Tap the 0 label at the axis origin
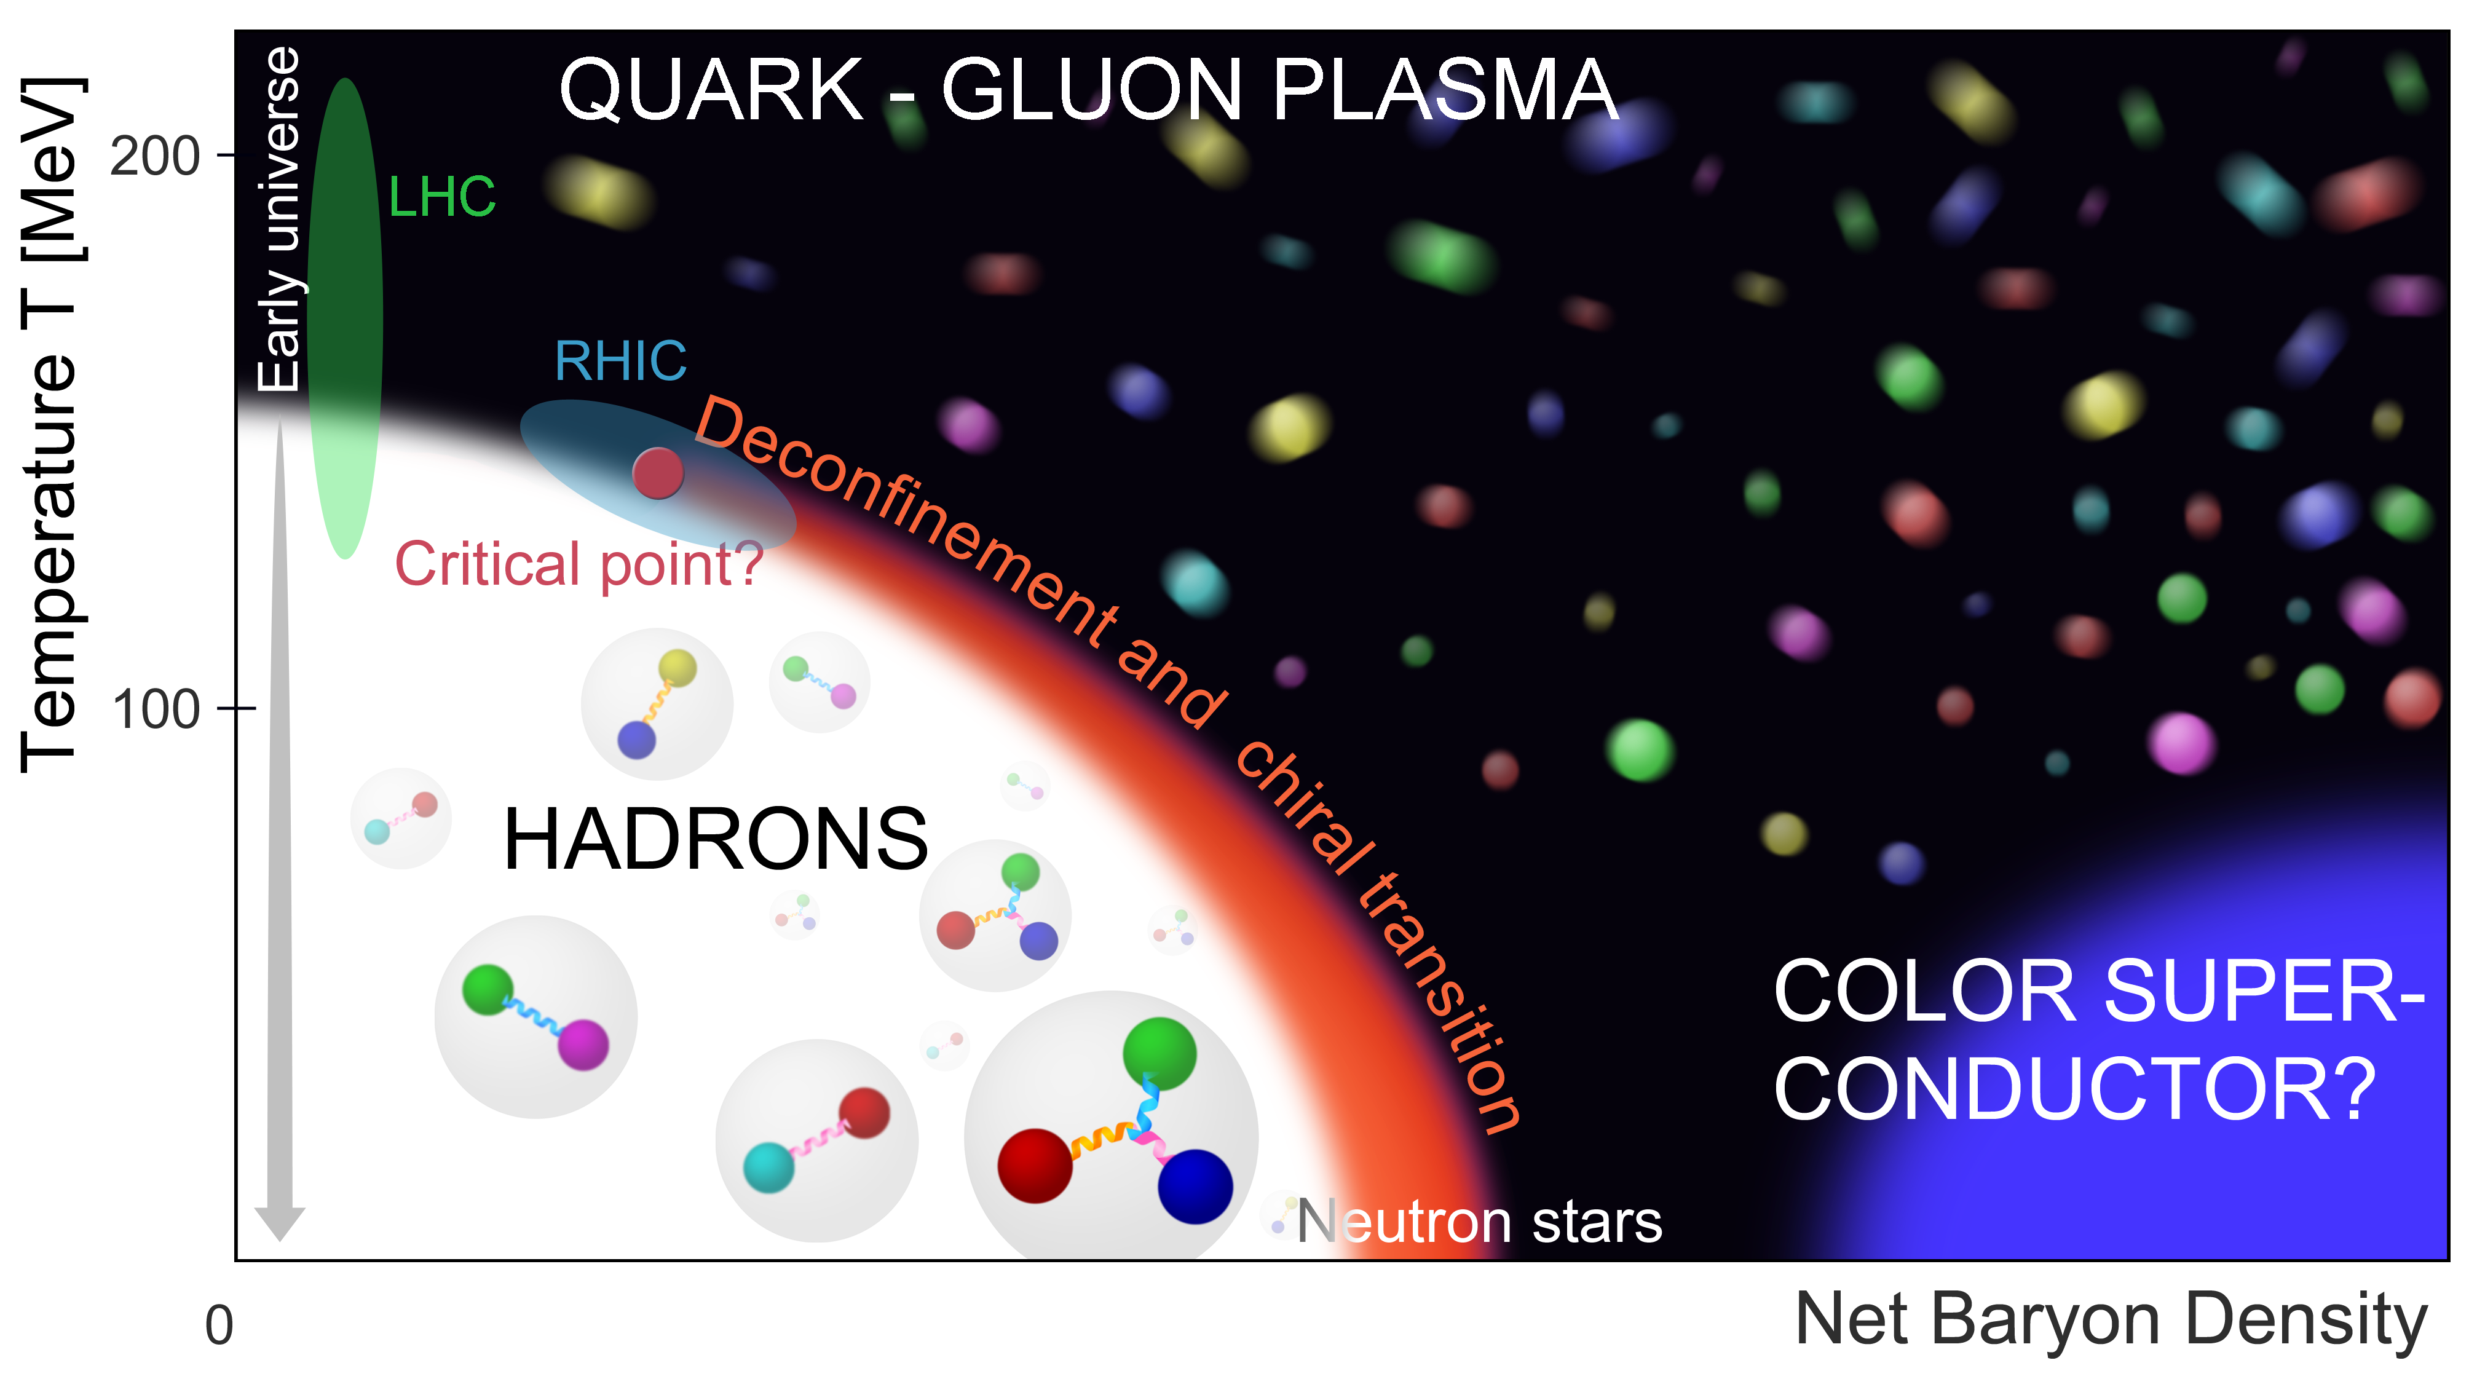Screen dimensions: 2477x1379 (x=219, y=1326)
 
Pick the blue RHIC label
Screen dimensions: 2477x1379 (x=621, y=362)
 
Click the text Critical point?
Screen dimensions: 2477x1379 (x=579, y=564)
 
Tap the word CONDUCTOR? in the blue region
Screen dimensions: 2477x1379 (x=2075, y=1089)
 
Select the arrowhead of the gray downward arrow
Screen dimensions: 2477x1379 (x=280, y=1223)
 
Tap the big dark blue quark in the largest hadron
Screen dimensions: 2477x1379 (x=1195, y=1187)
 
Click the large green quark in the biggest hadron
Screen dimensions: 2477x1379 (x=1159, y=1054)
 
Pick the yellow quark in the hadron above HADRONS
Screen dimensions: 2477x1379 (x=678, y=668)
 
